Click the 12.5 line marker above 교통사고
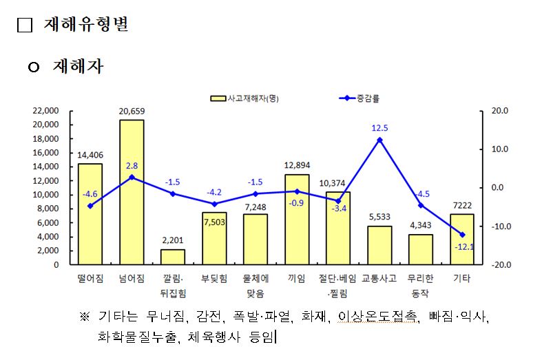[x=379, y=140]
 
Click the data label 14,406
[x=90, y=155]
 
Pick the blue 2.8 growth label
[x=132, y=166]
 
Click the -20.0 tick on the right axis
[x=499, y=265]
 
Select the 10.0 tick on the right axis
[x=500, y=149]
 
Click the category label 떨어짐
[x=90, y=279]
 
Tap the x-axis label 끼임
[x=297, y=279]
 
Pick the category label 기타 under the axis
[x=462, y=279]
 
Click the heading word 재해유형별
[x=86, y=25]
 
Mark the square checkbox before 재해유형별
[x=25, y=25]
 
